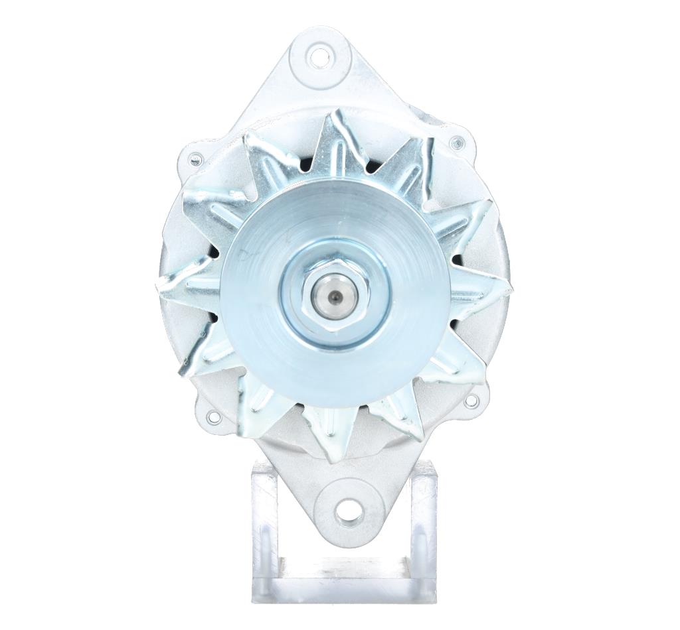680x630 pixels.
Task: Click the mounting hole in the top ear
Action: pyautogui.click(x=320, y=56)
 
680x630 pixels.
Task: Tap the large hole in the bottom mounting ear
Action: pyautogui.click(x=349, y=512)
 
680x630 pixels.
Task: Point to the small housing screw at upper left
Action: pyautogui.click(x=195, y=159)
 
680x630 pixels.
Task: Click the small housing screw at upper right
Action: pyautogui.click(x=458, y=143)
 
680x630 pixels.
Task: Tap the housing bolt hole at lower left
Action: pyautogui.click(x=213, y=417)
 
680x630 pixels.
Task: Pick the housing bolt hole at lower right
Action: pyautogui.click(x=471, y=401)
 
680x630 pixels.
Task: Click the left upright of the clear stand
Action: pyautogui.click(x=264, y=524)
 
